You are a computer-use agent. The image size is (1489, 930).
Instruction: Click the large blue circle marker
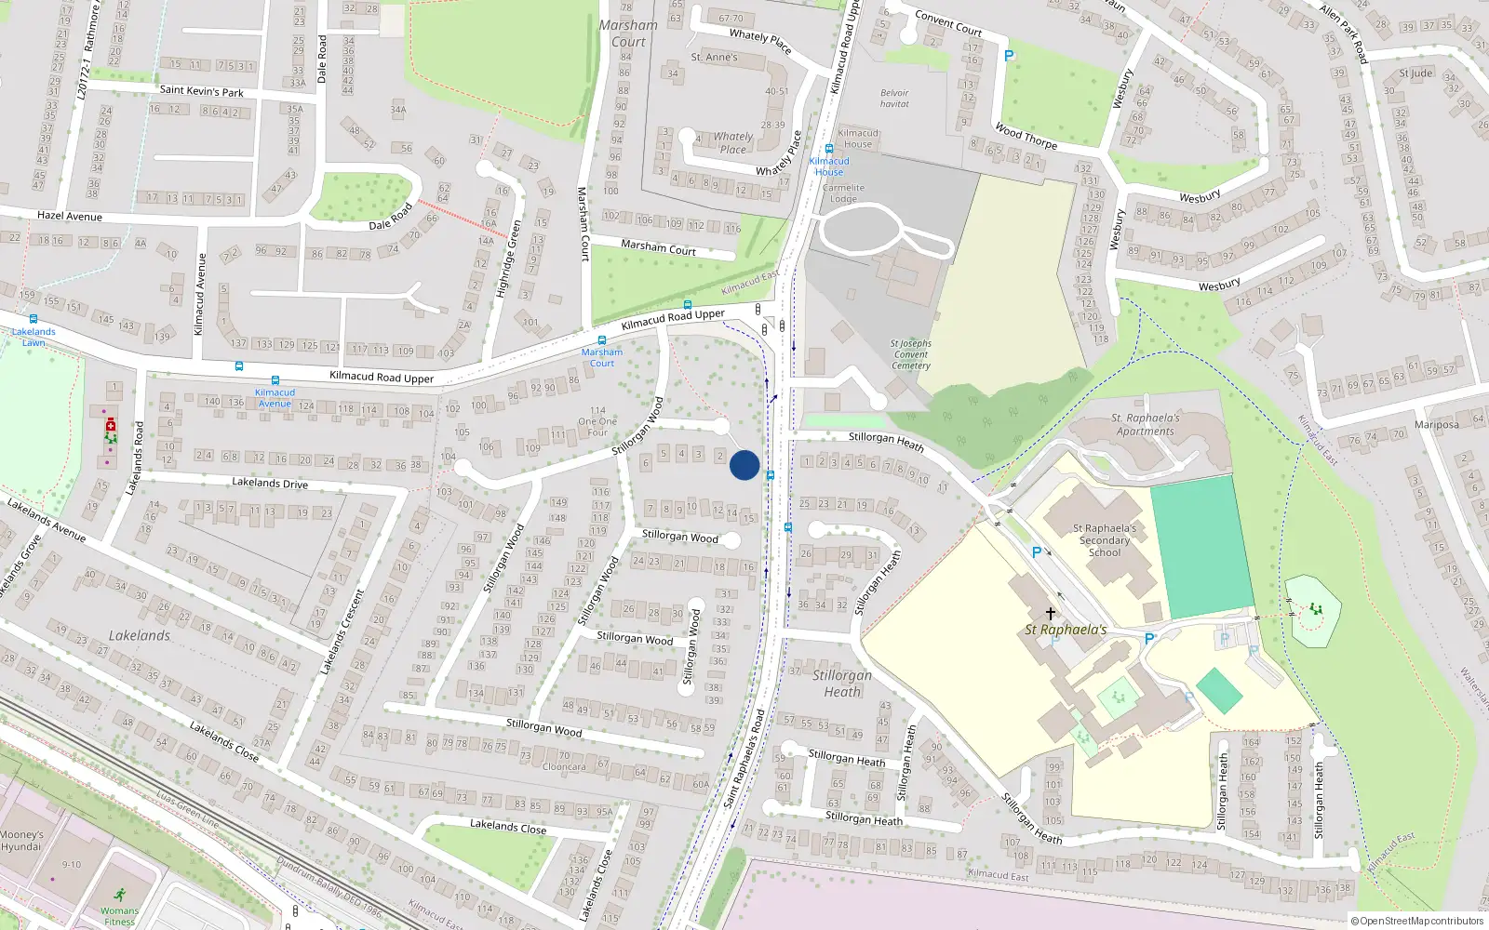coord(744,465)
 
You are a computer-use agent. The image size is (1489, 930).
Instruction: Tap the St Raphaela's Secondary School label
coord(1105,540)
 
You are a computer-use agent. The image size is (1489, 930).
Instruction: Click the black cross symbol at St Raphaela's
coord(1051,614)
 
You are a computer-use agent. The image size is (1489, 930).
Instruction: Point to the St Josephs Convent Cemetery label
coord(910,354)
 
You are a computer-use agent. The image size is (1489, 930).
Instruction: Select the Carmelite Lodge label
coord(843,193)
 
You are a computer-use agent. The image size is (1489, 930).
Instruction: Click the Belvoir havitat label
coord(894,99)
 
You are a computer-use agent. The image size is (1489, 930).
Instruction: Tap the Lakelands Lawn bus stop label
coord(34,337)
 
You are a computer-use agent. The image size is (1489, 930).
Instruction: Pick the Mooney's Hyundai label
coord(22,841)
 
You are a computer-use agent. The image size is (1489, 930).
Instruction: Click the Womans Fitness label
coord(119,916)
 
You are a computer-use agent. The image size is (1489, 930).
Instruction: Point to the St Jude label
coord(1415,73)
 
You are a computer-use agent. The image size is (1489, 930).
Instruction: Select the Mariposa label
coord(1436,425)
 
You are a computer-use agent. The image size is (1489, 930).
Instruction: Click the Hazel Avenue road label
coord(70,217)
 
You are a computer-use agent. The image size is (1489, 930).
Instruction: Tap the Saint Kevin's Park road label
coord(201,91)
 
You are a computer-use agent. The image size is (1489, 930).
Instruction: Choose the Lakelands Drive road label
coord(270,484)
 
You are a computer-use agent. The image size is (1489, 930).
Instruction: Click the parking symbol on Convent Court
coord(1009,56)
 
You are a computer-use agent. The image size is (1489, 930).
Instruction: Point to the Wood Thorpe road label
coord(1026,136)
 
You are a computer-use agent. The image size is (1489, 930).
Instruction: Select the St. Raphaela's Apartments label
coord(1146,425)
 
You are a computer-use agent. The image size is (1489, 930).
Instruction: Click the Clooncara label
coord(564,767)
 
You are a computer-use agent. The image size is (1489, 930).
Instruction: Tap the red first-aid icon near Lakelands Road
coord(110,424)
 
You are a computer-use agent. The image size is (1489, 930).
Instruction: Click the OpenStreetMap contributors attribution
coord(1416,922)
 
